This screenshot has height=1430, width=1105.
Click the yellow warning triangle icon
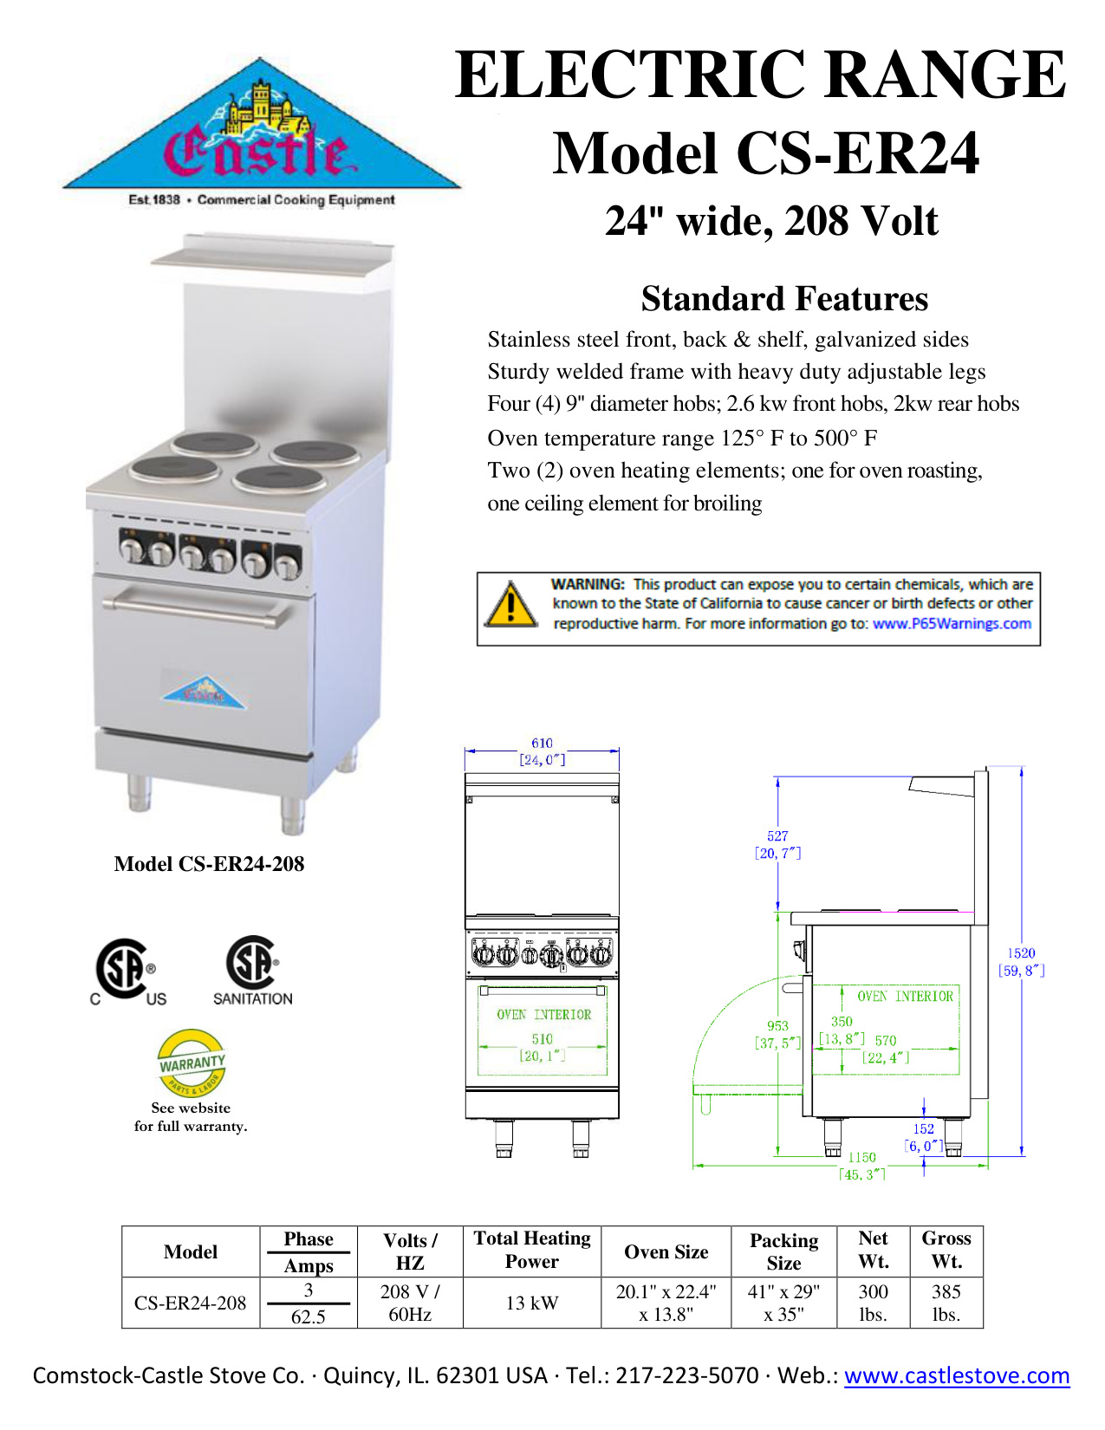tap(510, 605)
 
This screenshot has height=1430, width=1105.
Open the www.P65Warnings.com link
tap(952, 623)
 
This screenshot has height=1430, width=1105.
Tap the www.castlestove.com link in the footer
tap(957, 1375)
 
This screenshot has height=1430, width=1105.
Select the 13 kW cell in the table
tap(531, 1303)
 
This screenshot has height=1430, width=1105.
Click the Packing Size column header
tap(783, 1251)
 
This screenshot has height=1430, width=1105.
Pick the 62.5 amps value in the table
tap(308, 1316)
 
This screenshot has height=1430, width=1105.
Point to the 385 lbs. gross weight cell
tap(946, 1303)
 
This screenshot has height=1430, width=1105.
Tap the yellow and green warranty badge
tap(192, 1063)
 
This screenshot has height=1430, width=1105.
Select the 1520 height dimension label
tap(1021, 953)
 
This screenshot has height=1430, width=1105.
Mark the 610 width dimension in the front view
tap(542, 744)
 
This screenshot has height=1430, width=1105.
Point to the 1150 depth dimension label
tap(861, 1157)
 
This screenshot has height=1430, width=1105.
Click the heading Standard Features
tap(784, 299)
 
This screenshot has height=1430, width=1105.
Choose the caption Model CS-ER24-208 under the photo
tap(209, 864)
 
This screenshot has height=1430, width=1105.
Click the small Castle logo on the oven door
tap(204, 692)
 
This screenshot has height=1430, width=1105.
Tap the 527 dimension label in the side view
tap(777, 836)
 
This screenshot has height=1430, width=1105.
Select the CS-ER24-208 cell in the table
tap(190, 1303)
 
